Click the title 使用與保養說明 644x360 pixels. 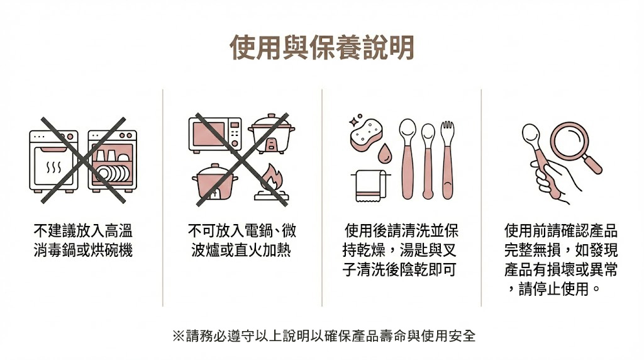pyautogui.click(x=321, y=47)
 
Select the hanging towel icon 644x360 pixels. pyautogui.click(x=370, y=186)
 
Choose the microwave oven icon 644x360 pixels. pyautogui.click(x=215, y=135)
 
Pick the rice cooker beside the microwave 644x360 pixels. pyautogui.click(x=272, y=133)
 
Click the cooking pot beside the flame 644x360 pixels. pyautogui.click(x=215, y=182)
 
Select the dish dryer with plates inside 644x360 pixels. pyautogui.click(x=112, y=161)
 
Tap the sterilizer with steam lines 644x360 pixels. pyautogui.click(x=54, y=161)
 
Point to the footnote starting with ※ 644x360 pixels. pyautogui.click(x=324, y=335)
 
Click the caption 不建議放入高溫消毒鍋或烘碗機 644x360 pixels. pyautogui.click(x=83, y=240)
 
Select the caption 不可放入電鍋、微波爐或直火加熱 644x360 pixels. pyautogui.click(x=241, y=240)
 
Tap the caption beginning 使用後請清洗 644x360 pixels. pyautogui.click(x=401, y=250)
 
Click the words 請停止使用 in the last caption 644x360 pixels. pyautogui.click(x=554, y=289)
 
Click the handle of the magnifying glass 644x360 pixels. pyautogui.click(x=592, y=164)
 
